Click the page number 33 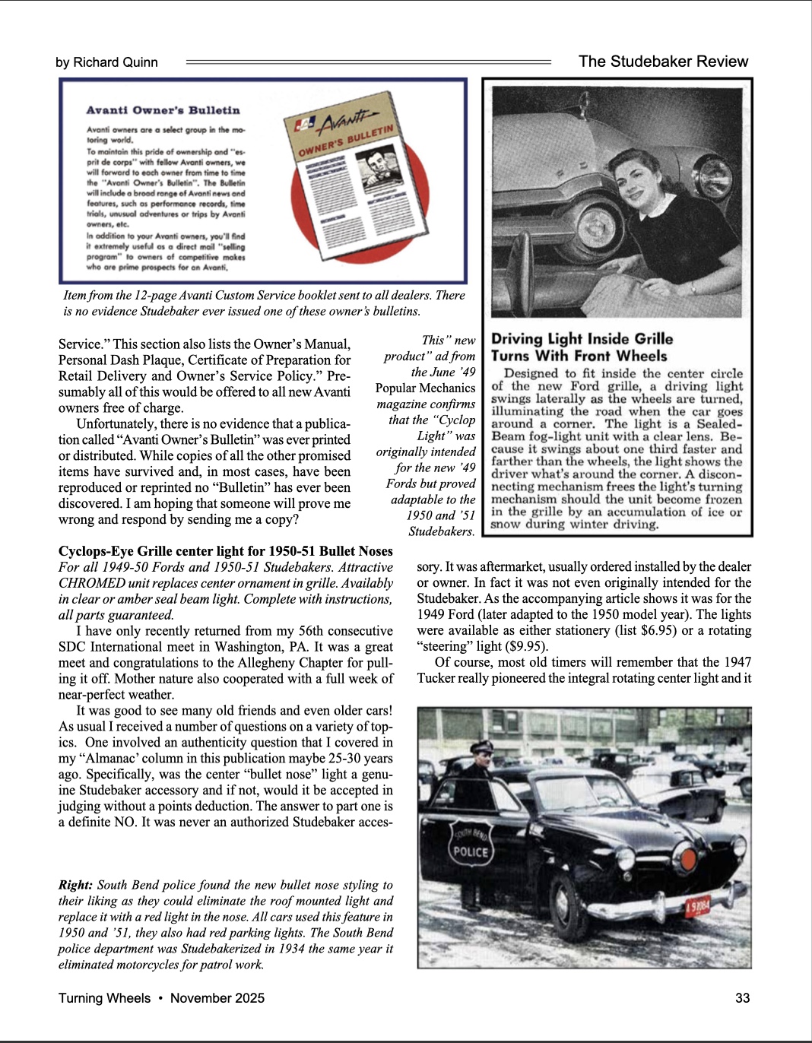[742, 998]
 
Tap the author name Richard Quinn [116, 62]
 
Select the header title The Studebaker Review [663, 62]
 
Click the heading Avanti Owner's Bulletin [163, 110]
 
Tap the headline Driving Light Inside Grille [582, 339]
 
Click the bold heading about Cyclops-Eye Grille [225, 551]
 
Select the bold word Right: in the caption [75, 885]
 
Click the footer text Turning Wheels [104, 998]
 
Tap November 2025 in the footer [217, 998]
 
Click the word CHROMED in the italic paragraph [92, 583]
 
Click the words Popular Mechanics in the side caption [425, 388]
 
